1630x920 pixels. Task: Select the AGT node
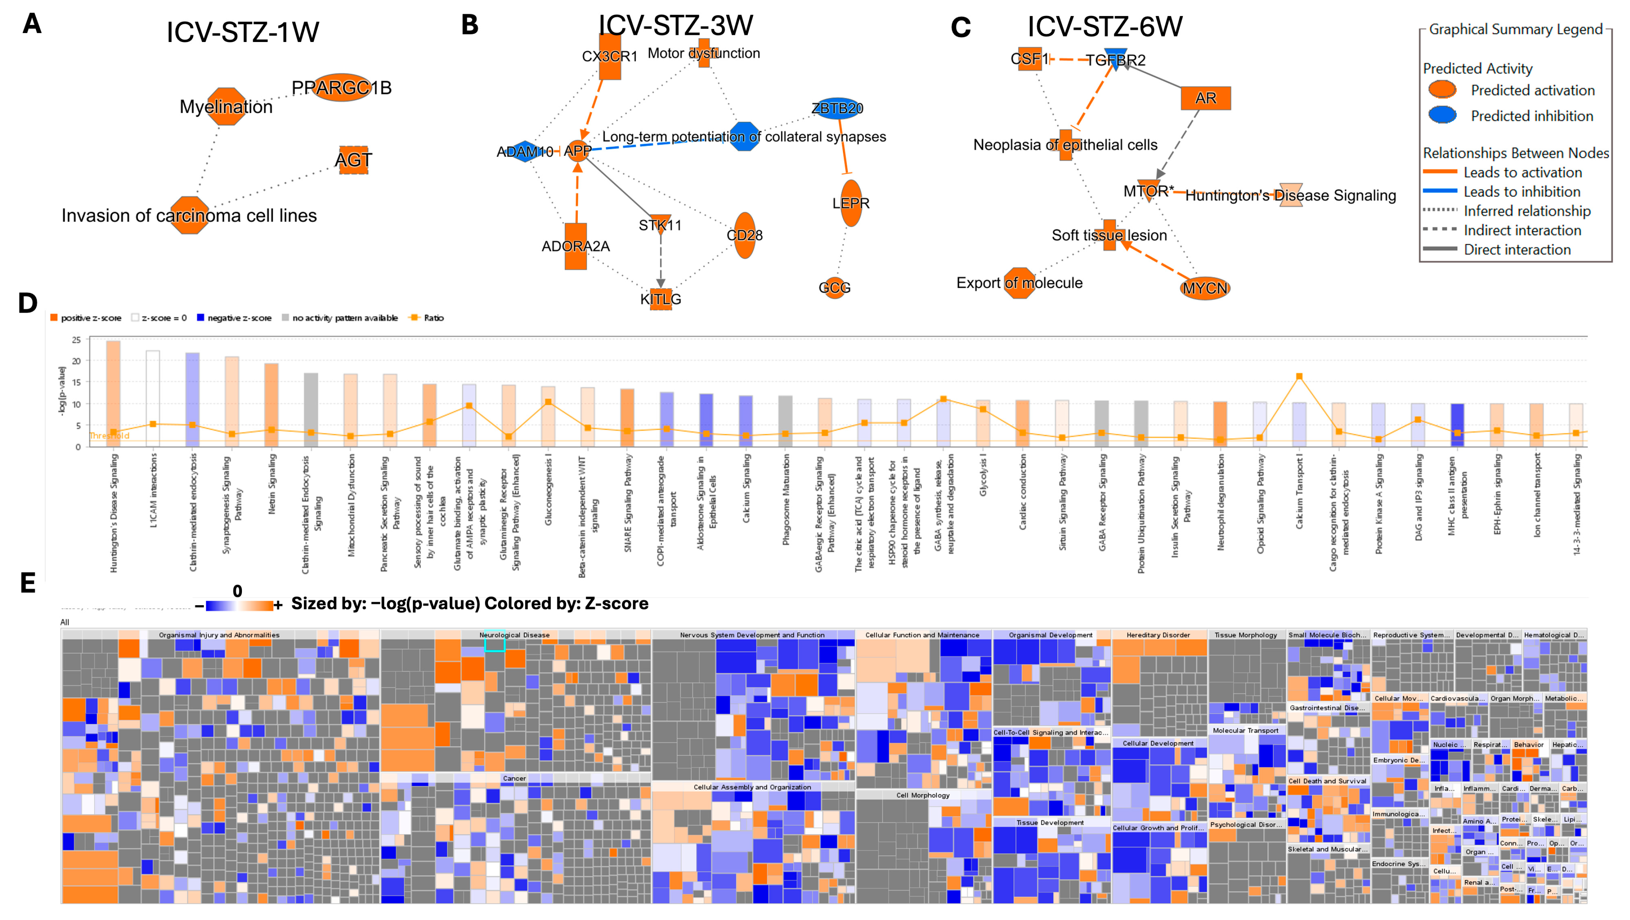coord(353,160)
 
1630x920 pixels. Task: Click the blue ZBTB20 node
coord(837,108)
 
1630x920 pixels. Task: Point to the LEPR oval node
coord(851,203)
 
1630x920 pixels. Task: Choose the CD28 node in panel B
coord(745,235)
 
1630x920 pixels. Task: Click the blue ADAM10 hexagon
coord(524,152)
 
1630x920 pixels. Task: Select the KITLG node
coord(661,298)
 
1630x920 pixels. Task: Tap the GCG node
coord(835,288)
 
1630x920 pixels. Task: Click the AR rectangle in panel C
coord(1206,98)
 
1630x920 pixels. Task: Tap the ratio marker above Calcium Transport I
coord(1299,377)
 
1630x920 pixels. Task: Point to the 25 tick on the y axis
coord(77,340)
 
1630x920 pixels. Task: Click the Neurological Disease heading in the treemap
coord(514,635)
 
